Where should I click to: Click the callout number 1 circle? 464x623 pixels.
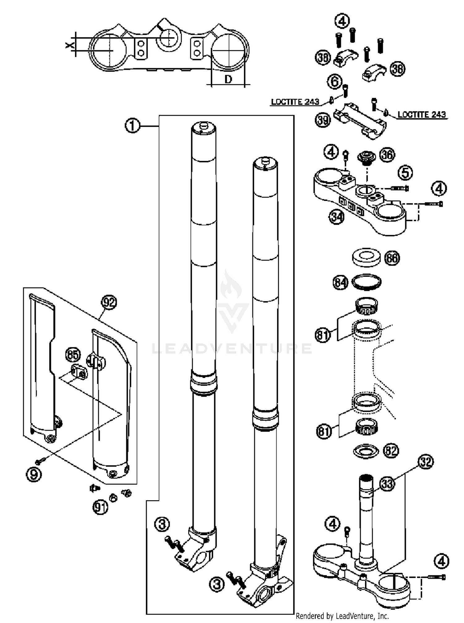132,126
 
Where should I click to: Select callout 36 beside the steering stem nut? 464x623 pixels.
387,155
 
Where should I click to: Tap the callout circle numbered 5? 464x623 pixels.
405,173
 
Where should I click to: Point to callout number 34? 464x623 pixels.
337,217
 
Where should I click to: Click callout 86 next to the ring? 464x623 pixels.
392,258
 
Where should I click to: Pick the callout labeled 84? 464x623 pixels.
340,282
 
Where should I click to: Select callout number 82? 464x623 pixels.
391,451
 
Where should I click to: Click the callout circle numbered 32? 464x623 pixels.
426,462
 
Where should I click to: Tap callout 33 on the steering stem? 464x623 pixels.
387,484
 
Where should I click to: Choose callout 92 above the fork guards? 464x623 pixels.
109,302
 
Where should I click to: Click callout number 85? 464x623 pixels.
73,355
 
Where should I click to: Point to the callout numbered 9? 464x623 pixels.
34,474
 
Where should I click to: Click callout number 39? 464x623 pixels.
323,120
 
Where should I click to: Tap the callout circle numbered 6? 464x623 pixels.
334,82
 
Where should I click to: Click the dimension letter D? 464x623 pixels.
228,80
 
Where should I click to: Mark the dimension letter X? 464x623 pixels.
70,45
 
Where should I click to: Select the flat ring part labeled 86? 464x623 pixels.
366,257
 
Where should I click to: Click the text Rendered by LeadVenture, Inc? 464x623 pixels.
342,616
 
